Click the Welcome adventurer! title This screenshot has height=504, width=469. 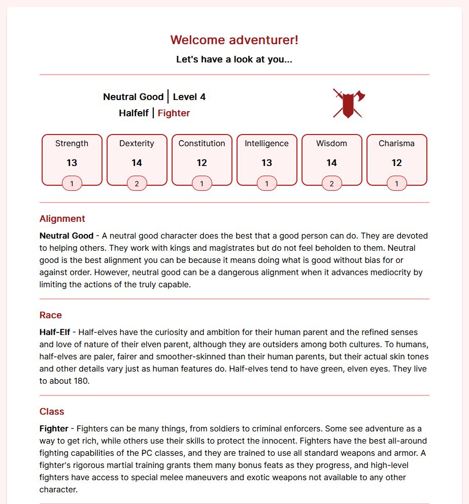(x=234, y=40)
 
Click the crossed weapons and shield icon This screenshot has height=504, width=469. (x=349, y=104)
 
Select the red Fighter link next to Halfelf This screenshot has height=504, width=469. (x=174, y=113)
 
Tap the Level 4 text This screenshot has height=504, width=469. (x=189, y=97)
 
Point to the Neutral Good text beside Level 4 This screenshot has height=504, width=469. (x=133, y=97)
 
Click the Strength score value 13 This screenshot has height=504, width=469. (x=72, y=163)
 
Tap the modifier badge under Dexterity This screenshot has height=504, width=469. (x=137, y=184)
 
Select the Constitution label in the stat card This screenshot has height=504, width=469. (x=202, y=144)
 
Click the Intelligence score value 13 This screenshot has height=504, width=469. (x=266, y=163)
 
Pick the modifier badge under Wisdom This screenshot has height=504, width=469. (x=331, y=184)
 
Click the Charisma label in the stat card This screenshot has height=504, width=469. (x=396, y=144)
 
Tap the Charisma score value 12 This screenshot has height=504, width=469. (x=396, y=163)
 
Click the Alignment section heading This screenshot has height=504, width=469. (x=62, y=219)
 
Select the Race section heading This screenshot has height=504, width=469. (x=51, y=315)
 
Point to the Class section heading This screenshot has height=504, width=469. (x=52, y=412)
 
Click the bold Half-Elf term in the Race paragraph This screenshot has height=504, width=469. (x=55, y=332)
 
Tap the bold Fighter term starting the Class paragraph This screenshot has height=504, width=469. (x=55, y=429)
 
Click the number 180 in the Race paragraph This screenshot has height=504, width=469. (x=81, y=381)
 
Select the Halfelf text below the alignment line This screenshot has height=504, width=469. (x=134, y=113)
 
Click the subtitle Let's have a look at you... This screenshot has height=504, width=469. (x=234, y=59)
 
